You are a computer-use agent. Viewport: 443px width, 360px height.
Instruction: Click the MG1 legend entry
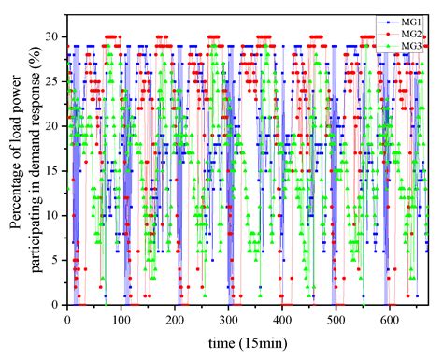(x=408, y=21)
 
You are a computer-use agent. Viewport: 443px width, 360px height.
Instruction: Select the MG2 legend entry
(x=408, y=33)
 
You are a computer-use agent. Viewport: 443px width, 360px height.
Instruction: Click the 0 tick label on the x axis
(x=67, y=319)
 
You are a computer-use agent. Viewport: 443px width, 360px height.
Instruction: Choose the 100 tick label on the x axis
(x=121, y=319)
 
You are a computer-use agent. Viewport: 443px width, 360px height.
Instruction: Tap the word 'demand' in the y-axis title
(x=36, y=126)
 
